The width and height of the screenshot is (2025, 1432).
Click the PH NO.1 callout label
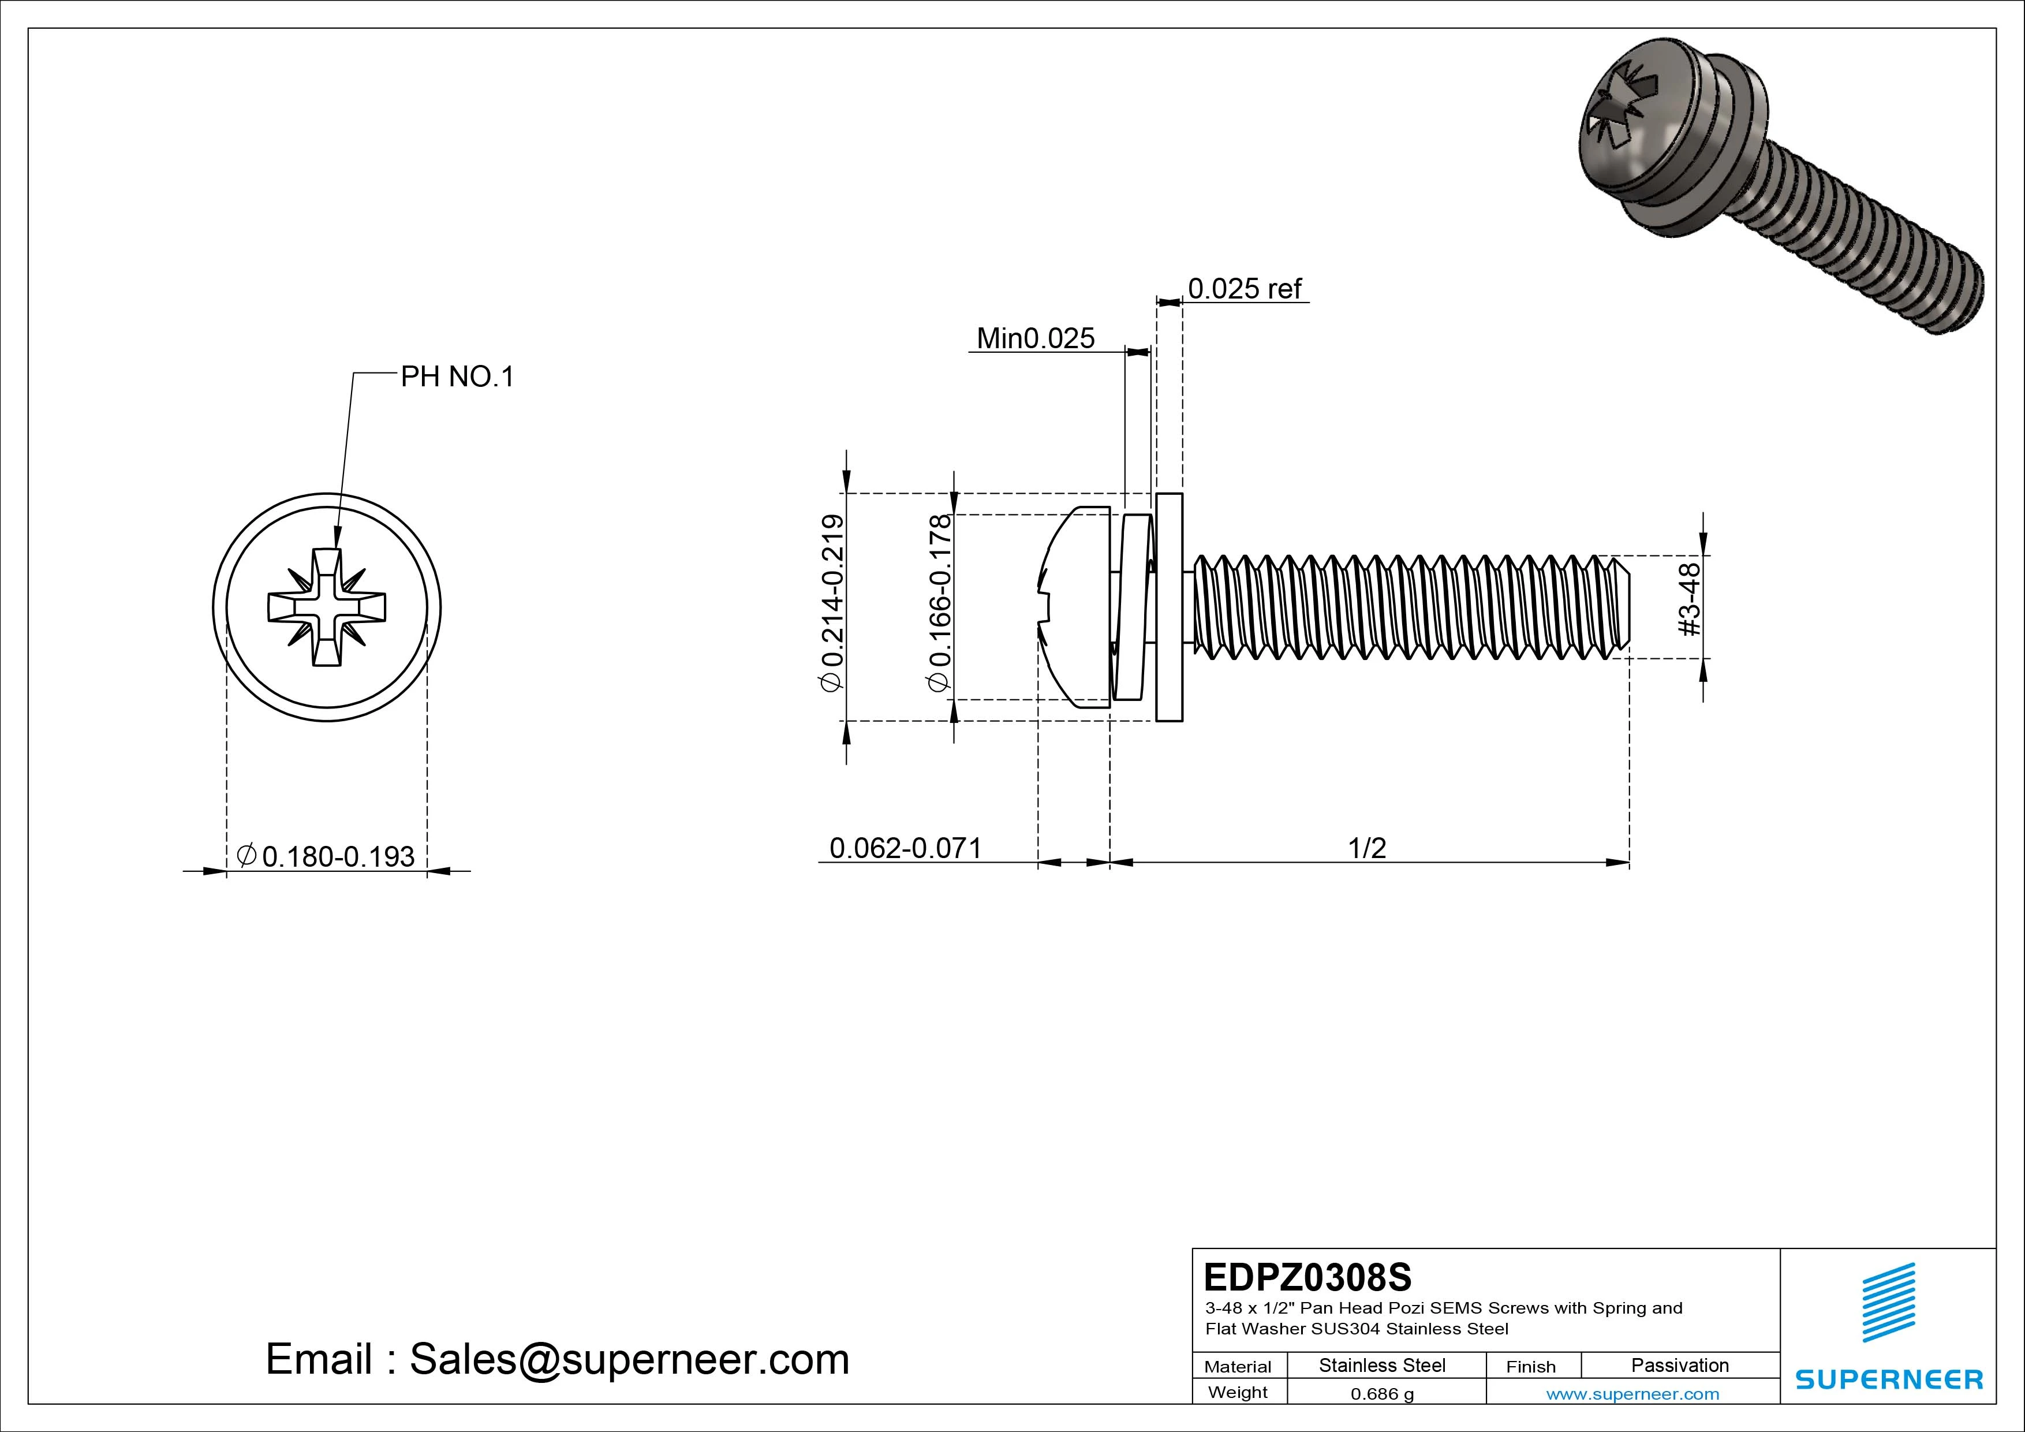(457, 378)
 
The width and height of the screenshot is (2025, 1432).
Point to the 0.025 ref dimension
(1245, 289)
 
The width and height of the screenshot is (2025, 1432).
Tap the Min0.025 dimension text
(1036, 339)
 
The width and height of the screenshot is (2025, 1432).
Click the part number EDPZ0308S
(1307, 1277)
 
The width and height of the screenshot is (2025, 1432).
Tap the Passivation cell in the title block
(1679, 1365)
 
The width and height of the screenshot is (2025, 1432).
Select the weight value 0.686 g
(1382, 1394)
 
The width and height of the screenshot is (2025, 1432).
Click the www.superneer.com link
(1632, 1394)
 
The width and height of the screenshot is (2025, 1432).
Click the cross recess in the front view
(326, 607)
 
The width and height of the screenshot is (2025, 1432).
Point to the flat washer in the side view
(1168, 607)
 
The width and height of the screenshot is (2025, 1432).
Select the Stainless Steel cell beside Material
(1382, 1365)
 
